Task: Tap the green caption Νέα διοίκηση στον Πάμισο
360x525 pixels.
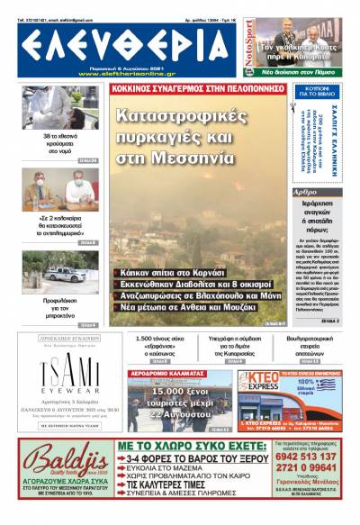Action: tap(303, 69)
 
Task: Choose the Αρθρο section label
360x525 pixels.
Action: tap(306, 193)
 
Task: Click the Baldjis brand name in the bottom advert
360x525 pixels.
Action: tap(58, 461)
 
